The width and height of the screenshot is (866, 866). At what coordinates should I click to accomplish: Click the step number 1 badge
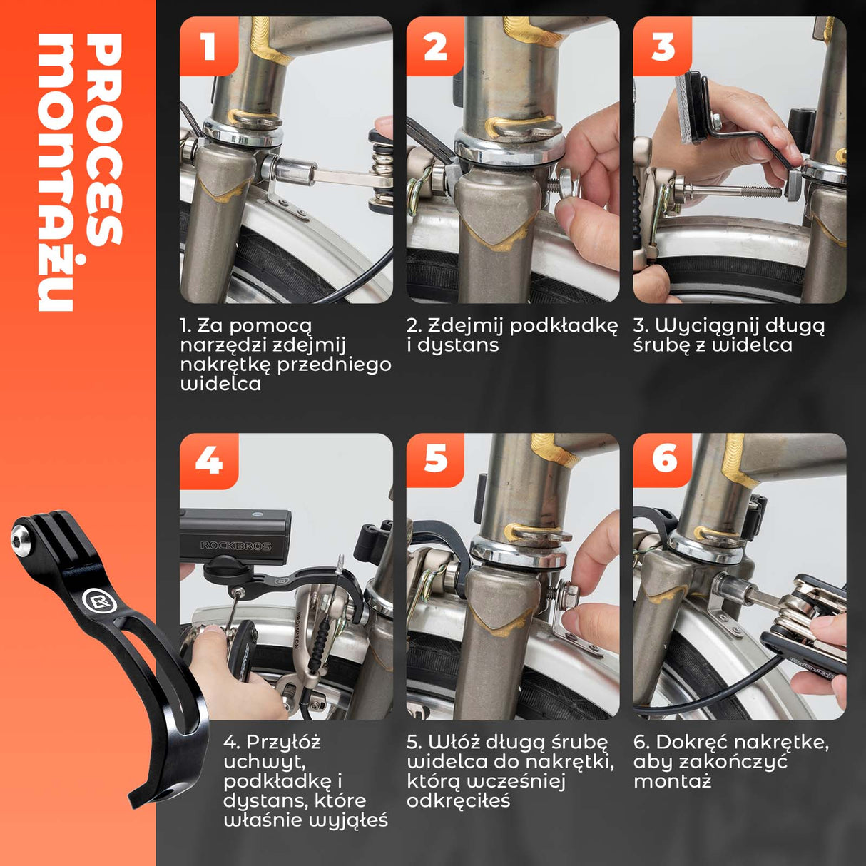click(x=208, y=46)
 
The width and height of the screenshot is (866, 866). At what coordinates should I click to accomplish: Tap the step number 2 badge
click(x=435, y=46)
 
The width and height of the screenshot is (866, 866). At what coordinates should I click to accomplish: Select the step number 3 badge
click(x=663, y=46)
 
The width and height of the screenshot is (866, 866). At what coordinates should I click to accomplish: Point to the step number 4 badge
click(x=208, y=461)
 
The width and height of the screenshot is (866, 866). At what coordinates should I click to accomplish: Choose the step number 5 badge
click(x=435, y=460)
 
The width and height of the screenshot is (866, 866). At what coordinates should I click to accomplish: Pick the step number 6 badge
click(x=663, y=460)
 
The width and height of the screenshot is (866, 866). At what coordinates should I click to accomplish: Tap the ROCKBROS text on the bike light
click(x=236, y=546)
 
